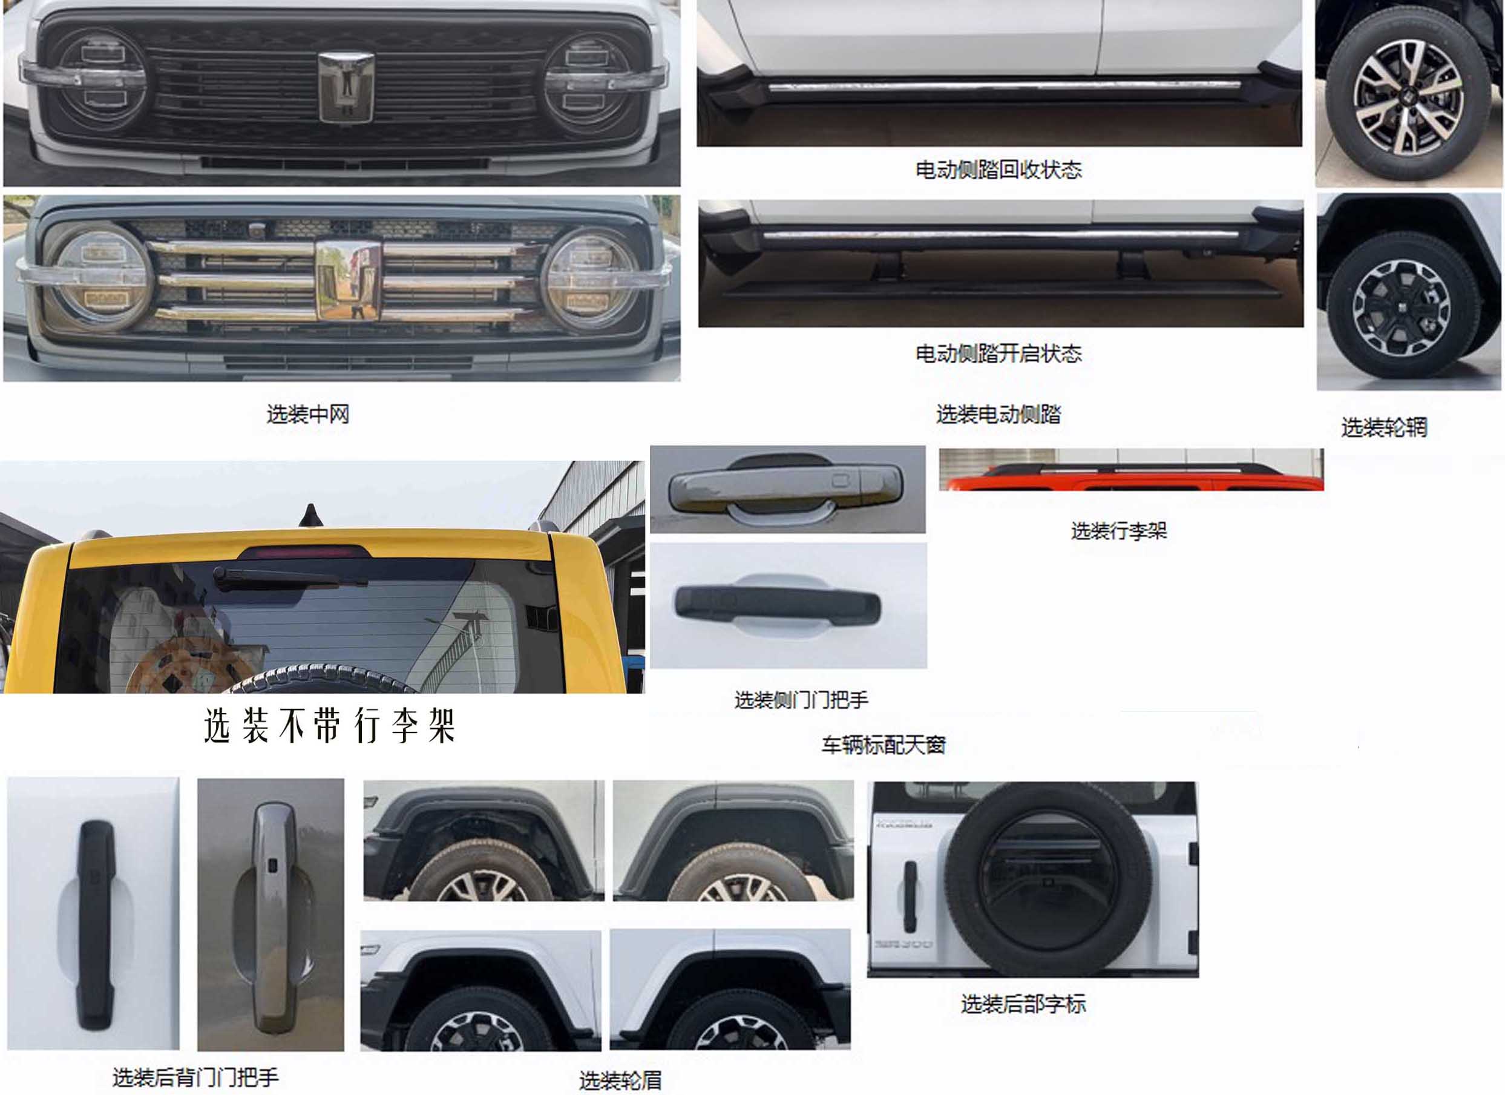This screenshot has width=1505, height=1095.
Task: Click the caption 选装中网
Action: (x=308, y=414)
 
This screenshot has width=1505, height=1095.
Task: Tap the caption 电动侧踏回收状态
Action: (x=998, y=170)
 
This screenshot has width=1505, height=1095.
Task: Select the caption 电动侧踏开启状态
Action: (x=998, y=353)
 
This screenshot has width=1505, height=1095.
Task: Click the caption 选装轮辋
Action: (x=1383, y=427)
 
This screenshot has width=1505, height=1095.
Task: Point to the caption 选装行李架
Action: (x=1118, y=530)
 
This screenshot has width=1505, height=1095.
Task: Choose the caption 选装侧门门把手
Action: (x=801, y=700)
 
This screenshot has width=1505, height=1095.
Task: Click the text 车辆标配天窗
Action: (x=884, y=745)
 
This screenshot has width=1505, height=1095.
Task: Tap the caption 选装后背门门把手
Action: (x=195, y=1077)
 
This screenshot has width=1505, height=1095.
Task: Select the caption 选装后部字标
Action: (x=1023, y=1004)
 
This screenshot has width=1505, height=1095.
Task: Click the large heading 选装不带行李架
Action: (x=329, y=725)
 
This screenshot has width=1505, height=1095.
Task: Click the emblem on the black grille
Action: (x=346, y=87)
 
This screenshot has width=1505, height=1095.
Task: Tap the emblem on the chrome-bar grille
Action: (x=349, y=280)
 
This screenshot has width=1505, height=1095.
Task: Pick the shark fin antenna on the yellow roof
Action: (x=310, y=515)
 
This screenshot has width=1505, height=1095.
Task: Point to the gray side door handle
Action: (x=786, y=488)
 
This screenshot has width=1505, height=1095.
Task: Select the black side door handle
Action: (x=777, y=605)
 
